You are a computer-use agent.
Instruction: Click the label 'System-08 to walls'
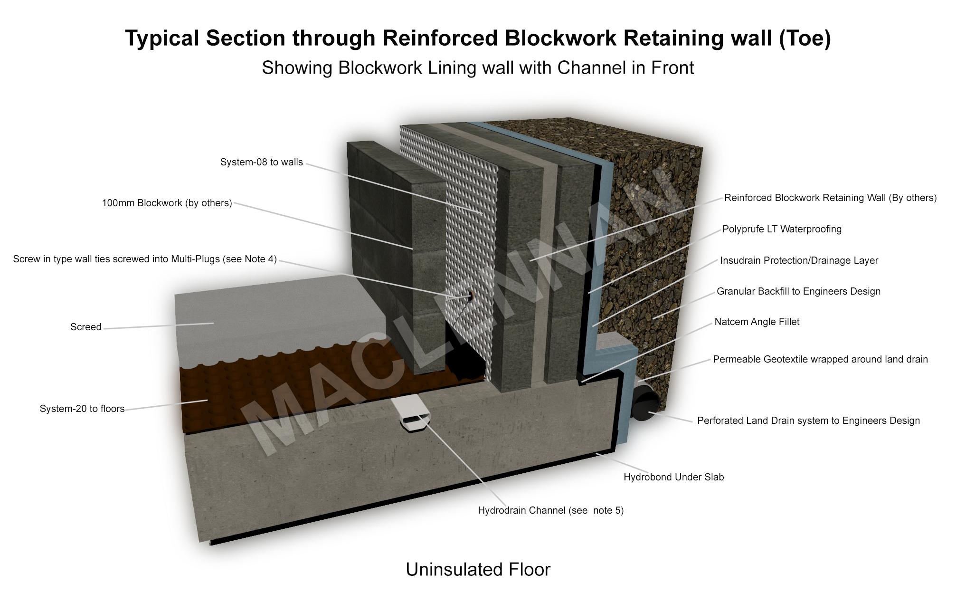click(261, 163)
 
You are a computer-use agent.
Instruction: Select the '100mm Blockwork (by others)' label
click(167, 203)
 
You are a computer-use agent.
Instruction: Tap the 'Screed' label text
click(85, 327)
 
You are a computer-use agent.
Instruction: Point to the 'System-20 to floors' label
click(82, 409)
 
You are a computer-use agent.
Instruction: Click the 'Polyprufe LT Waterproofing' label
click(782, 230)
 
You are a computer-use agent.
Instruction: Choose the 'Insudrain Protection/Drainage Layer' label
click(799, 261)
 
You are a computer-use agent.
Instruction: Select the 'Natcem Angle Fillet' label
click(757, 322)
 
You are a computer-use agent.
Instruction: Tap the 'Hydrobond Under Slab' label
click(673, 478)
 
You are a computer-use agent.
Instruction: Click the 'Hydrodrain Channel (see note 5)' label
click(550, 511)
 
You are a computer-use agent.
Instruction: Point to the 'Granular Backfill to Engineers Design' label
click(798, 292)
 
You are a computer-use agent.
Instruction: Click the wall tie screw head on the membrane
click(471, 296)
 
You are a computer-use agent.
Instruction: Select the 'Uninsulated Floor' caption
click(478, 570)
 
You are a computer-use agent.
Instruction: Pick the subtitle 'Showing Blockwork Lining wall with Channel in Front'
click(478, 68)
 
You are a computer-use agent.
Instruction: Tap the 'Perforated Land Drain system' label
click(808, 421)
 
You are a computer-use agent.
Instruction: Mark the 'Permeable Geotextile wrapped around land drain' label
click(820, 360)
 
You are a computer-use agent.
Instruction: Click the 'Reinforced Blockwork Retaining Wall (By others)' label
click(830, 198)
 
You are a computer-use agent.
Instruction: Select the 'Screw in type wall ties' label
click(145, 259)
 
